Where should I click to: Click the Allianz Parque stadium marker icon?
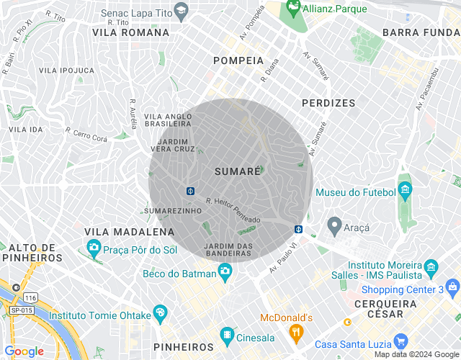(x=293, y=9)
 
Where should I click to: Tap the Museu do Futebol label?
(x=356, y=192)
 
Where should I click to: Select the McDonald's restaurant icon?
(x=295, y=332)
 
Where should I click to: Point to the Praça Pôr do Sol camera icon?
(x=94, y=249)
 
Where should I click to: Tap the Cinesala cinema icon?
(x=227, y=336)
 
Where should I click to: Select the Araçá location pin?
(x=334, y=225)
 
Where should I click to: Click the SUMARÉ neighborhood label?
(x=237, y=171)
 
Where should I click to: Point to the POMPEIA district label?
(x=238, y=61)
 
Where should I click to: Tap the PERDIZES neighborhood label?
(x=328, y=103)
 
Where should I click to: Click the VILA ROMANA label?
(x=131, y=32)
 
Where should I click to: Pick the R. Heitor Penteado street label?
(x=233, y=210)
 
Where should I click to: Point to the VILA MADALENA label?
(x=130, y=232)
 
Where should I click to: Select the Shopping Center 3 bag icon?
(x=452, y=289)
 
